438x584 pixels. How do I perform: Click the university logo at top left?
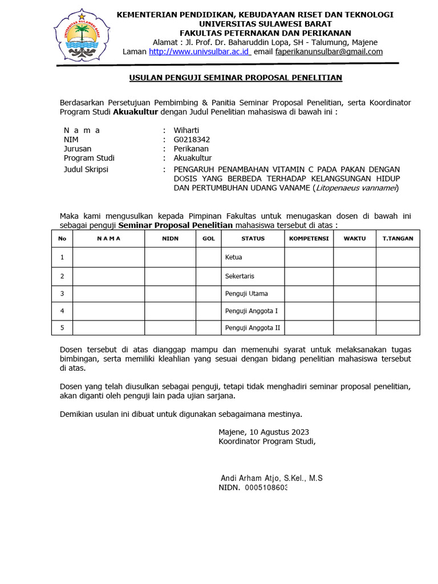click(82, 35)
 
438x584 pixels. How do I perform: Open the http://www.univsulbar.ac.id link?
click(200, 52)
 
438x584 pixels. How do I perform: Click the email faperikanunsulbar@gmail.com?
click(329, 52)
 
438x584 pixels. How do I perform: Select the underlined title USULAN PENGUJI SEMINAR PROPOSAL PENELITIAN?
click(236, 78)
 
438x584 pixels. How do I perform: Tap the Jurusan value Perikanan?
click(191, 149)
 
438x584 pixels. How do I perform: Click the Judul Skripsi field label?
click(86, 169)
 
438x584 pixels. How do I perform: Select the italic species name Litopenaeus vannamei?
click(356, 188)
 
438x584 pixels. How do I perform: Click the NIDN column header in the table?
click(170, 238)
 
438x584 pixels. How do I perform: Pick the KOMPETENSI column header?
click(309, 238)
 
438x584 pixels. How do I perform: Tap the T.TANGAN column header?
click(398, 238)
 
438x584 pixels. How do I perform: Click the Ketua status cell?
click(234, 257)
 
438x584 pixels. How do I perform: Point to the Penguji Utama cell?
click(246, 294)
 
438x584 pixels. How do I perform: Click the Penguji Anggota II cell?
click(253, 328)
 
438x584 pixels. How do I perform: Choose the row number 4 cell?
click(62, 311)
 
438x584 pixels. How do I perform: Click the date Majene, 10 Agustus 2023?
click(263, 432)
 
